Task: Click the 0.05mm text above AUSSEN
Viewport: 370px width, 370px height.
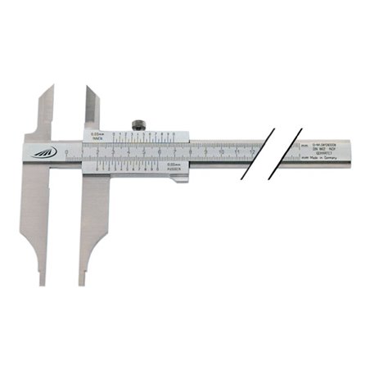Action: (x=173, y=165)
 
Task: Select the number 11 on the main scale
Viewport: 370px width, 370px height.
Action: (x=237, y=152)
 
